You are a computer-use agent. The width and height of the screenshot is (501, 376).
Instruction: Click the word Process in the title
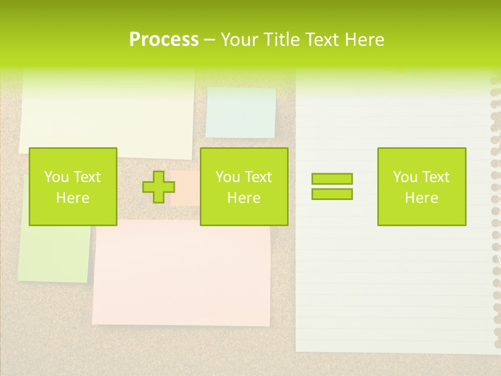tap(164, 39)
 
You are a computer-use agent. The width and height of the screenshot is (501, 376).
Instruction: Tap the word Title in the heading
tap(281, 39)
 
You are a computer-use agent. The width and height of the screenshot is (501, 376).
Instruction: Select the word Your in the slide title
tap(239, 39)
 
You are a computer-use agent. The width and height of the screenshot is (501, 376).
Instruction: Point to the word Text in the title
tap(321, 39)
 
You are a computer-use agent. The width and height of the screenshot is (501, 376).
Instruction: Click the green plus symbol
tap(159, 187)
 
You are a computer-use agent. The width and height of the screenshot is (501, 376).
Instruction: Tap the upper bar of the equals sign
tap(332, 179)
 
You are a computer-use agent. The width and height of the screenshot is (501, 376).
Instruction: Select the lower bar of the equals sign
tap(332, 194)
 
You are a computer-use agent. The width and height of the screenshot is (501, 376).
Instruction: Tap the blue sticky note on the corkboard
tap(241, 112)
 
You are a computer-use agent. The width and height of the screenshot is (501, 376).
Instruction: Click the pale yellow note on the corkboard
tap(107, 112)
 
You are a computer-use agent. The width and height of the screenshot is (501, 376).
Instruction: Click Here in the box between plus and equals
tap(244, 198)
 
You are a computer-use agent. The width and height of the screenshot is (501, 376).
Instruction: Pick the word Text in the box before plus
tap(87, 177)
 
